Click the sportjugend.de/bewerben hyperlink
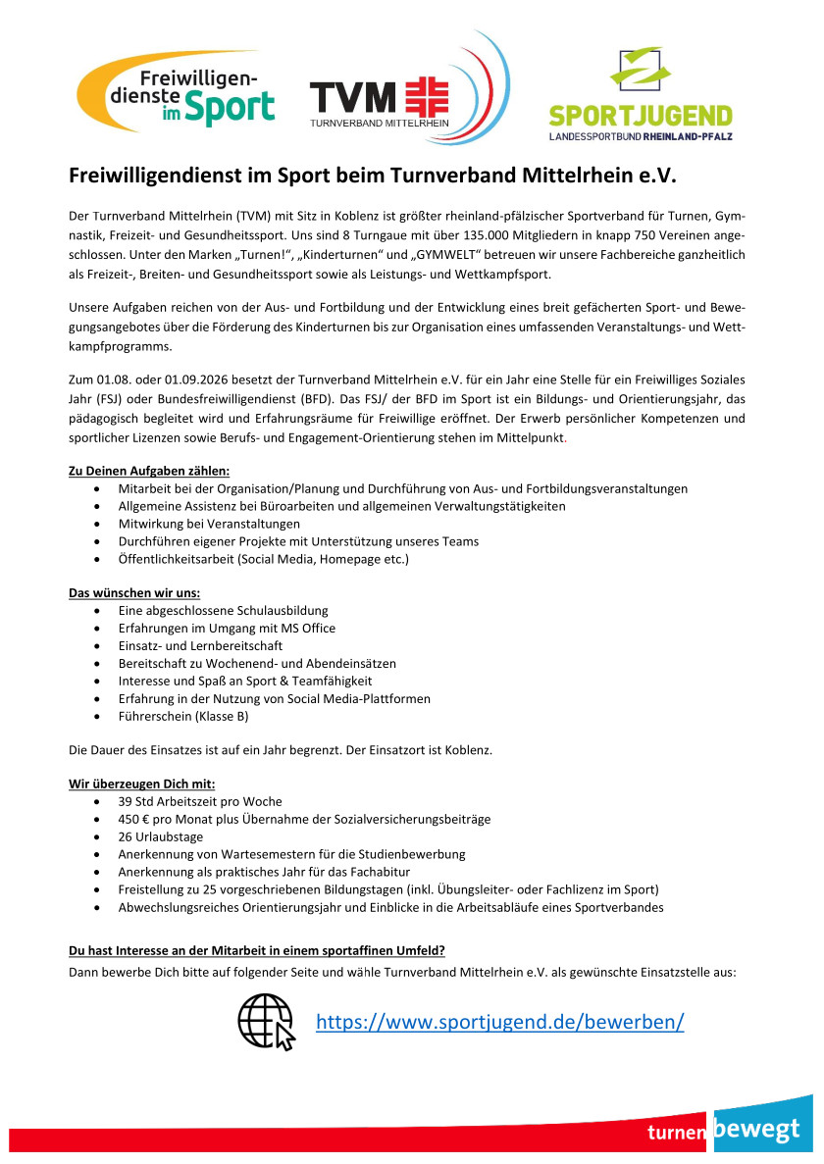tap(499, 1022)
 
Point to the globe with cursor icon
tap(267, 1021)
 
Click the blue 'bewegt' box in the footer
tap(763, 1128)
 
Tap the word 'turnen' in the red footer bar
tap(677, 1133)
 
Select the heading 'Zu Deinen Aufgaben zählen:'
tap(149, 470)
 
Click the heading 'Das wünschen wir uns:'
tap(134, 592)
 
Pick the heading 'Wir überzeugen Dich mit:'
tap(141, 783)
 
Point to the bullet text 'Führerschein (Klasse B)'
tap(183, 717)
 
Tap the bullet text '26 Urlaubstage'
tap(161, 836)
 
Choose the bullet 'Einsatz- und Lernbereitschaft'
tap(200, 646)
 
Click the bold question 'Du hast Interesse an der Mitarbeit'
tap(256, 951)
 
